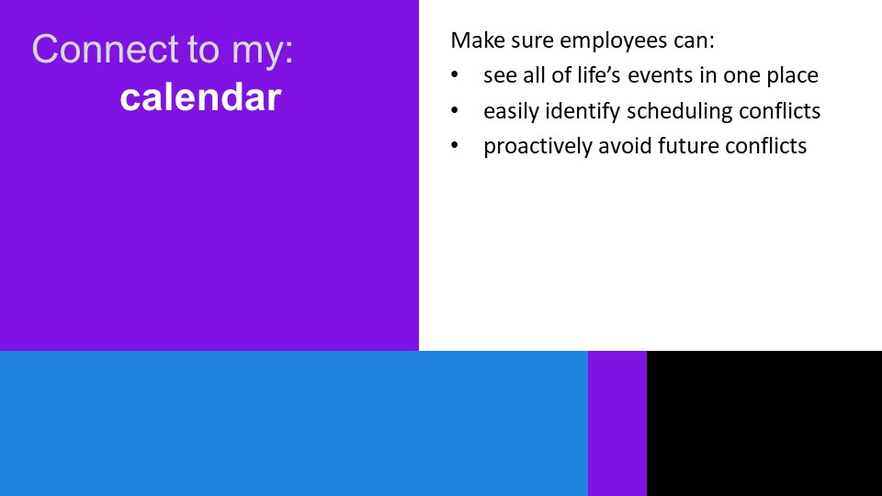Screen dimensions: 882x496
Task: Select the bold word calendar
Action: (201, 97)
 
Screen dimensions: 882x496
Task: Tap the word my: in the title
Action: (262, 51)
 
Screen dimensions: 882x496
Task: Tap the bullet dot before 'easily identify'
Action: (455, 110)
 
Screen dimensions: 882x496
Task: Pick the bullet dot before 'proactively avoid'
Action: (455, 145)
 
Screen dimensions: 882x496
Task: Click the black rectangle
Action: (764, 423)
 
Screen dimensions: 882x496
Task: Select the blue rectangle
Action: (294, 423)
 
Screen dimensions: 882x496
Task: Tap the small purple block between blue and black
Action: (617, 423)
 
